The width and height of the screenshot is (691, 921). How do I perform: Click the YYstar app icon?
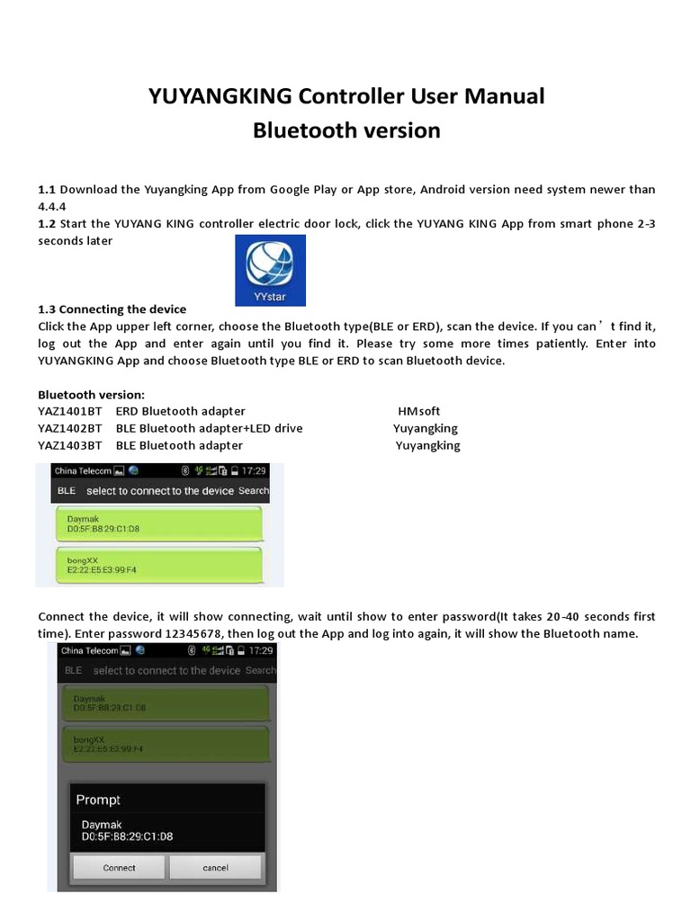coord(270,271)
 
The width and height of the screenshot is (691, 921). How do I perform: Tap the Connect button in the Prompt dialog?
coord(119,868)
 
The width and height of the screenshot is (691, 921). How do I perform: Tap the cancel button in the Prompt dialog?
coord(215,868)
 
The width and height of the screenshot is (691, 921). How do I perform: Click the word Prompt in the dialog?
coord(98,800)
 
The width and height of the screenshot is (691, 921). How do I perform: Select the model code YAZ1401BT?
coord(69,411)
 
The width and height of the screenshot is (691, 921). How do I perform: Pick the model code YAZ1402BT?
coord(69,428)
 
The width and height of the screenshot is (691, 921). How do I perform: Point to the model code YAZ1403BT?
coord(69,445)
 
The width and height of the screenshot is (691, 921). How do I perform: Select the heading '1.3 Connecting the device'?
coord(112,308)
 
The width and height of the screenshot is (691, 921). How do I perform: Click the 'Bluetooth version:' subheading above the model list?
coord(91,394)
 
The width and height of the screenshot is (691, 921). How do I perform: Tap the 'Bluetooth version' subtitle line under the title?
coord(346,130)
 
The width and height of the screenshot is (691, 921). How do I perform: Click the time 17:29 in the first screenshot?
coord(255,470)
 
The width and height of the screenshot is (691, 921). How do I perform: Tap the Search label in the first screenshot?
coord(254,491)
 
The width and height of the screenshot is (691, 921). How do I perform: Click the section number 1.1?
coord(46,190)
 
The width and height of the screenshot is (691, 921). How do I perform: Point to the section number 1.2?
coord(46,224)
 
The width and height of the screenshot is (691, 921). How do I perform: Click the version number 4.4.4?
coord(52,206)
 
